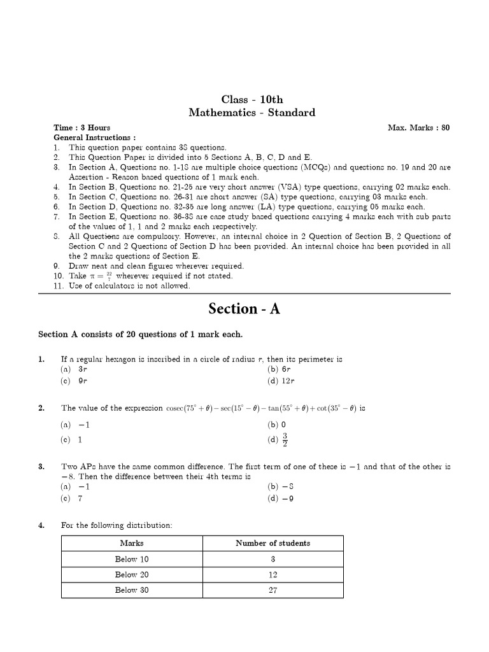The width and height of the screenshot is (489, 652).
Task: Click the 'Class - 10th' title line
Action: click(x=252, y=99)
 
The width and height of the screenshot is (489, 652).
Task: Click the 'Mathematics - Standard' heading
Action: click(x=252, y=113)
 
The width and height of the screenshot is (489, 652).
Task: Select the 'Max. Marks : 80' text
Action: click(x=418, y=127)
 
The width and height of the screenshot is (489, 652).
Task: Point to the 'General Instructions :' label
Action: click(x=94, y=138)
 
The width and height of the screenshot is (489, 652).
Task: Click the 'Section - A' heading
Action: click(x=244, y=309)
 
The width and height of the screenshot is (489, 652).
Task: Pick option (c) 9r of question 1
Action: click(x=74, y=381)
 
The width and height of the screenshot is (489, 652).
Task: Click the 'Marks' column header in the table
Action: click(x=132, y=543)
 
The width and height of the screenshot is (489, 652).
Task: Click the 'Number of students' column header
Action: click(x=273, y=543)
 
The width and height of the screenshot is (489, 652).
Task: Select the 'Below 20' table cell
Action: click(x=132, y=574)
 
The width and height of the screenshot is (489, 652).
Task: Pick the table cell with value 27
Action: click(x=273, y=590)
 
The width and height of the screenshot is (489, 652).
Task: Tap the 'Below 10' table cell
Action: click(x=132, y=559)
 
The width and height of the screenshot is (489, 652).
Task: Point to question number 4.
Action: click(x=41, y=525)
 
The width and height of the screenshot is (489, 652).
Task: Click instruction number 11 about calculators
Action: click(x=121, y=286)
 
